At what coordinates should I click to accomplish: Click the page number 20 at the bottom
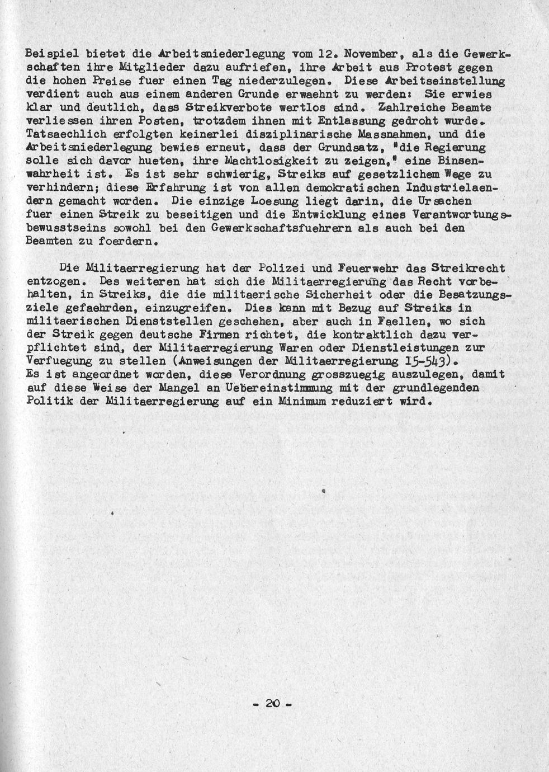coord(272,703)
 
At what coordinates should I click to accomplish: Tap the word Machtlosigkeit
coord(254,161)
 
